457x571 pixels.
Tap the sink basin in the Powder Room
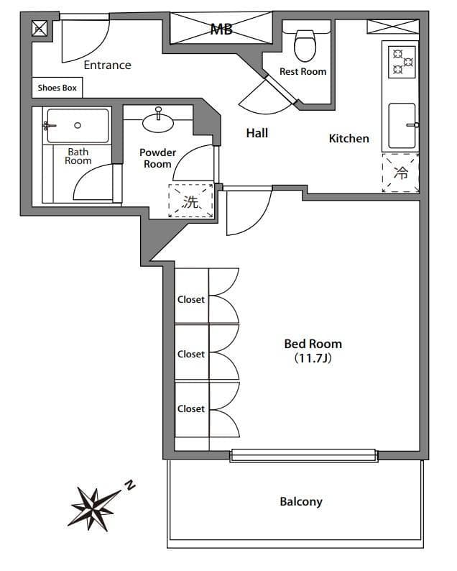coord(158,122)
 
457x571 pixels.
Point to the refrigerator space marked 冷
coord(400,173)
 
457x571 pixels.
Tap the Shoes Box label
coord(58,88)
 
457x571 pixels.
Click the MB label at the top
coord(222,29)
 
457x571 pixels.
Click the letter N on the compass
coord(129,485)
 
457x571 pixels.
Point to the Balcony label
coord(300,502)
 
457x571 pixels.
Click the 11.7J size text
coord(313,357)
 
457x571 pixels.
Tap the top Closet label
coord(191,299)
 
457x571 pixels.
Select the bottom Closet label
coord(191,408)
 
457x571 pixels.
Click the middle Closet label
coord(191,354)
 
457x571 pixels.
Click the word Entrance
coord(107,65)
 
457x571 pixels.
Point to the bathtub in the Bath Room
coord(78,125)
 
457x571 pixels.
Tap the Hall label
coord(257,133)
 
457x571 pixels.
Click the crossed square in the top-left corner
coord(39,29)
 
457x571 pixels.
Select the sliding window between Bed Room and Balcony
coord(303,454)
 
